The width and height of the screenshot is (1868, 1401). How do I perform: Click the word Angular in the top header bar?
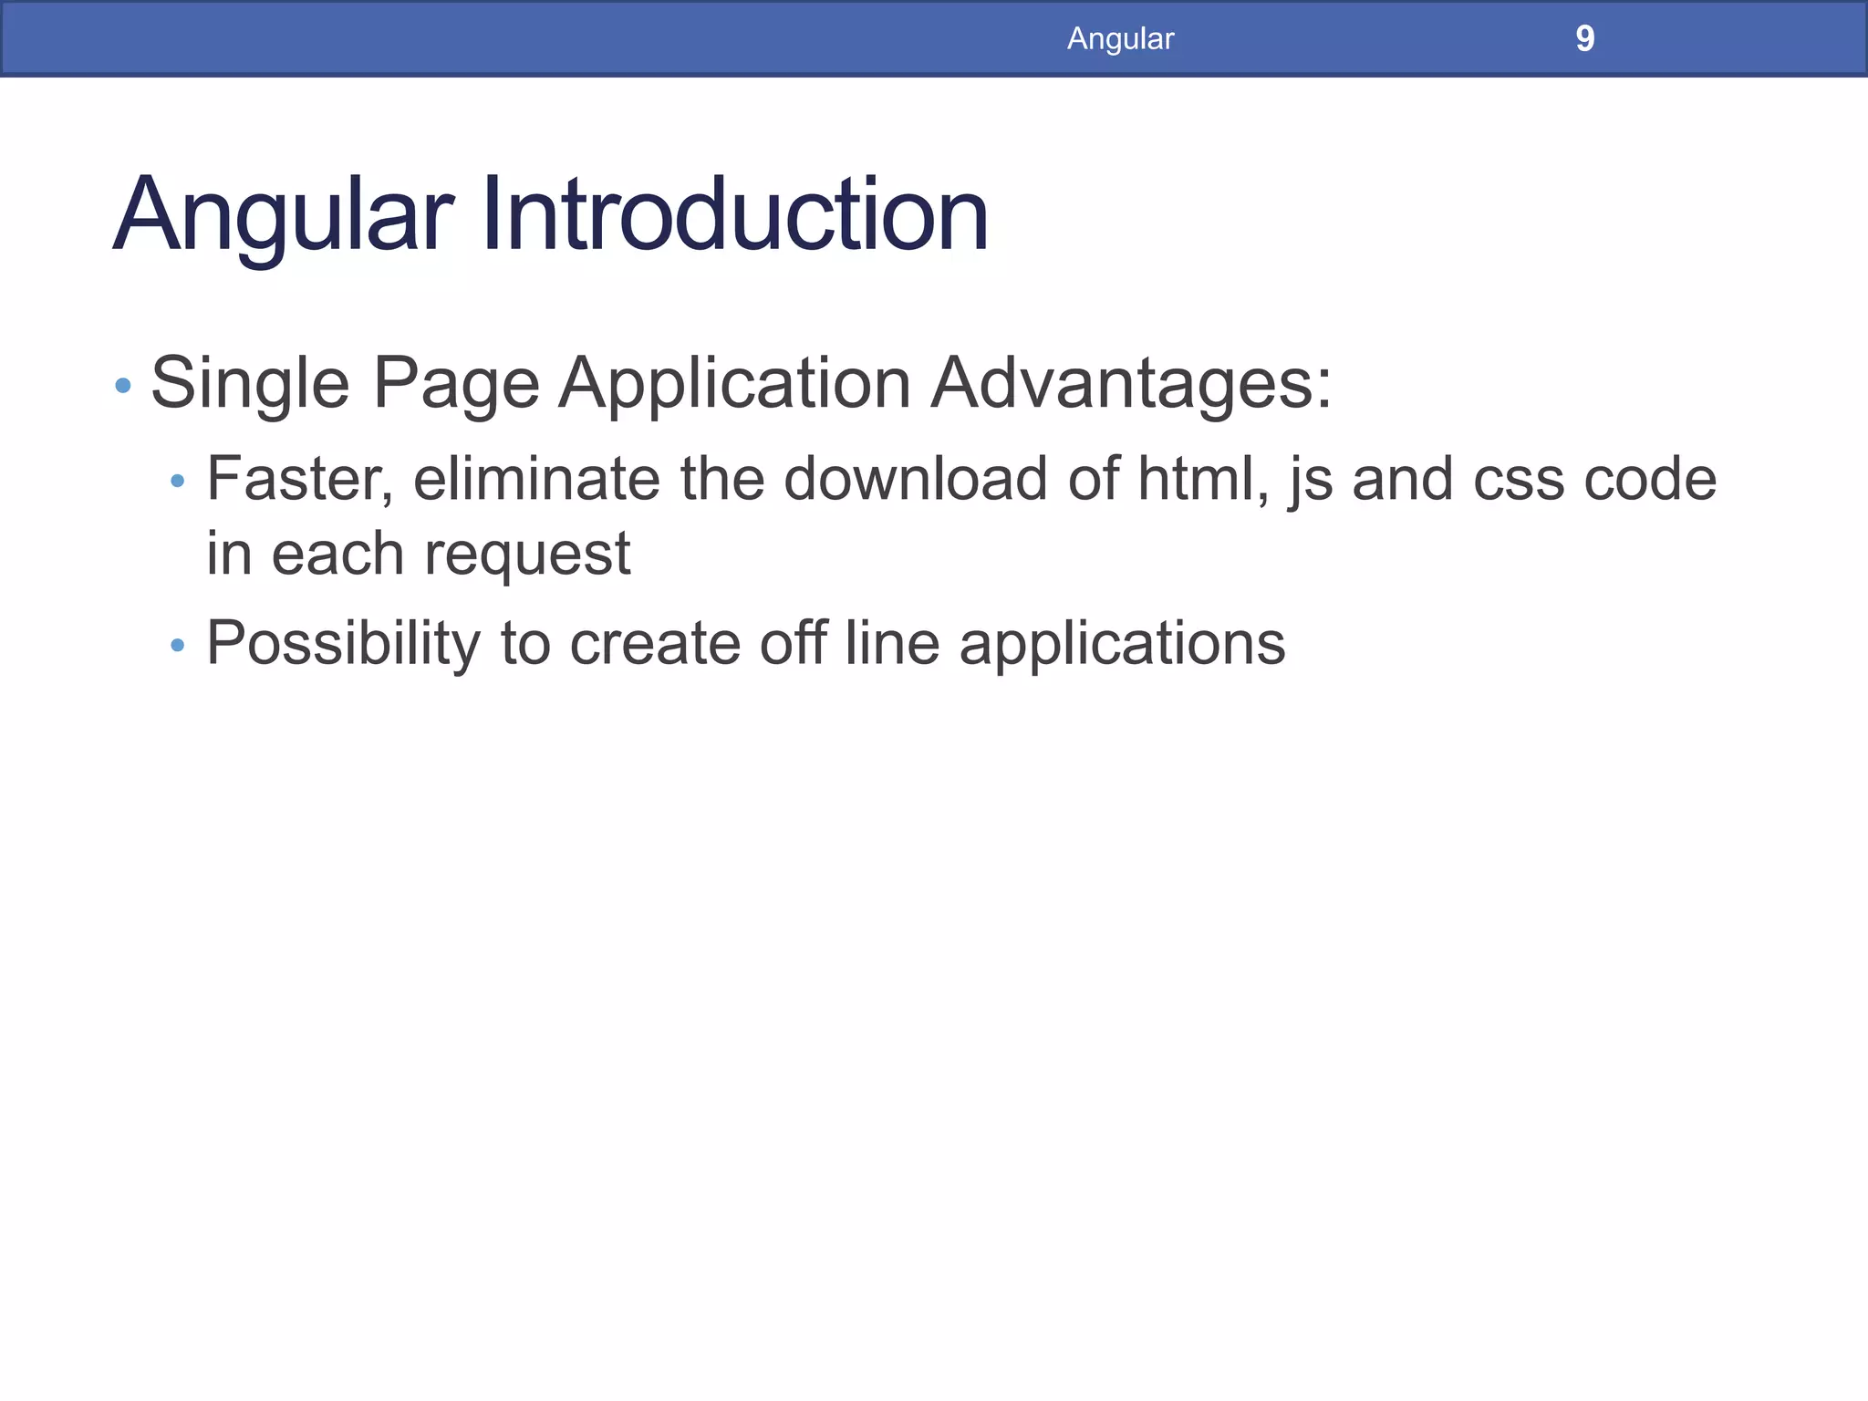click(x=1120, y=39)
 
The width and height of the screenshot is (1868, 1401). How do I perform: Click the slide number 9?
click(x=1584, y=39)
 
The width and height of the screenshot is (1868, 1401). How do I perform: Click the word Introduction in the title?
click(x=734, y=215)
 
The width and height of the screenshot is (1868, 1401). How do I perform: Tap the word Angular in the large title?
click(x=283, y=217)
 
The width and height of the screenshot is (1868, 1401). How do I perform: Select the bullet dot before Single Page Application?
click(x=123, y=386)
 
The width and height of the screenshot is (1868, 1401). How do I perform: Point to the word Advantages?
click(x=1131, y=384)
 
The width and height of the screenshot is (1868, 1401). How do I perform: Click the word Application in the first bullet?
click(x=734, y=384)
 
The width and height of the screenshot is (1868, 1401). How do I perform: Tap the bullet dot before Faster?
click(x=178, y=481)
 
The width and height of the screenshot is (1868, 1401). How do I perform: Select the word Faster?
click(x=299, y=479)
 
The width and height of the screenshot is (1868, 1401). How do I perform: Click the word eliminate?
click(x=536, y=479)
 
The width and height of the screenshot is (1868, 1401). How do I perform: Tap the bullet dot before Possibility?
click(x=178, y=646)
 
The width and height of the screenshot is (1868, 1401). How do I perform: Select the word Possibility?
click(x=343, y=644)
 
